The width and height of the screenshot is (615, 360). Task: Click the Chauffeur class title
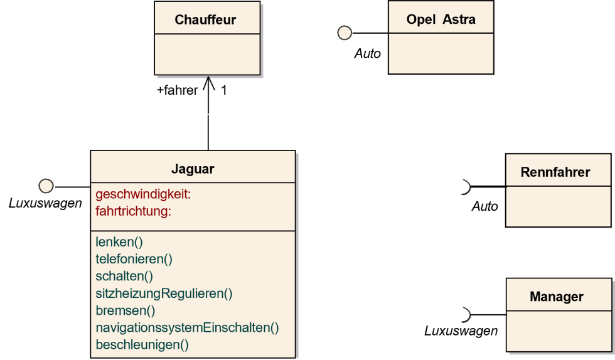tap(205, 19)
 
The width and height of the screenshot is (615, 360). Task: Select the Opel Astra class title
tap(441, 19)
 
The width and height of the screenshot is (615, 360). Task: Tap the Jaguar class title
tap(193, 169)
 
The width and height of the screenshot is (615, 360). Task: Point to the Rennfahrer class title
tap(555, 172)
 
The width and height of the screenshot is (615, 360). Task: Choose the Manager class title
tap(556, 297)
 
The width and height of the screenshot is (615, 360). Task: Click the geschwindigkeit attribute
tap(143, 194)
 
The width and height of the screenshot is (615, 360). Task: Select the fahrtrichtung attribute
tap(133, 211)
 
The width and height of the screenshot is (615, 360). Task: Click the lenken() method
tap(119, 241)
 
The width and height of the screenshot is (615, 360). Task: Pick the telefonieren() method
tap(134, 258)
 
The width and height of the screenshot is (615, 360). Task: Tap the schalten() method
tap(124, 276)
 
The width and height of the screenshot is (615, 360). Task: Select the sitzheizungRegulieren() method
tap(164, 293)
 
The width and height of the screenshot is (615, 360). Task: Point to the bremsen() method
tap(125, 310)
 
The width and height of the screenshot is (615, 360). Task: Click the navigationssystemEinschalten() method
tap(187, 327)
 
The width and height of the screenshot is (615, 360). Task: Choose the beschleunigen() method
tap(142, 344)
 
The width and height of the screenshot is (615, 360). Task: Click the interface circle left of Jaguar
tap(46, 186)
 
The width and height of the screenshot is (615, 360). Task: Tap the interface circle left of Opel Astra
tap(345, 33)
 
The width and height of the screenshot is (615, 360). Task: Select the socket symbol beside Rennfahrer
tap(465, 186)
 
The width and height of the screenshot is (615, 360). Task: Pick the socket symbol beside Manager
tap(465, 314)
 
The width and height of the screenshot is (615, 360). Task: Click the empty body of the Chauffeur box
tap(207, 54)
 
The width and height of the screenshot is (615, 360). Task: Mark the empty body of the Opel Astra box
tap(441, 53)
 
